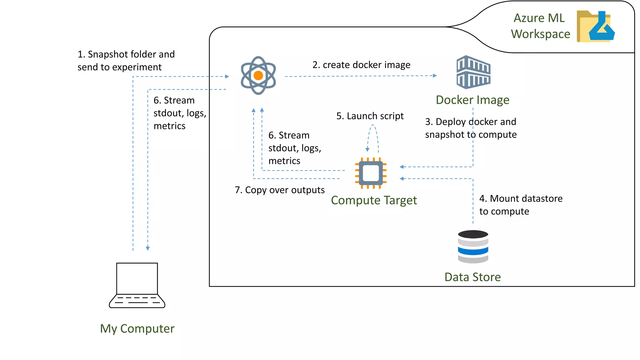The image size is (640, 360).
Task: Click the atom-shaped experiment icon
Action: (258, 75)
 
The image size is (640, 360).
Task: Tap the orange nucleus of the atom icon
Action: (258, 76)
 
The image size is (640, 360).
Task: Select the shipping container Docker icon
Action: (473, 72)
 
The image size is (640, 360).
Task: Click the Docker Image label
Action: (472, 100)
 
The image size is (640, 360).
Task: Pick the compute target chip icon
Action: (371, 173)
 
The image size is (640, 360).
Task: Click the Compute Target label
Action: (374, 200)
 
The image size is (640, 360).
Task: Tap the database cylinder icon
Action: (473, 247)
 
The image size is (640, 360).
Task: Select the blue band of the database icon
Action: (473, 251)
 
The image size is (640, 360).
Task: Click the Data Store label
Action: (472, 277)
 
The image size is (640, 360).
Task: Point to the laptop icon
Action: (137, 285)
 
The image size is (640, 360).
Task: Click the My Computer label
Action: (137, 329)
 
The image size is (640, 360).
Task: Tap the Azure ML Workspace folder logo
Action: (595, 27)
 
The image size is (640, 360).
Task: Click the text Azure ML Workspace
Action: (540, 26)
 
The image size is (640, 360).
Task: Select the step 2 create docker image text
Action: (361, 65)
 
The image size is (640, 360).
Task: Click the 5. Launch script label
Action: (370, 116)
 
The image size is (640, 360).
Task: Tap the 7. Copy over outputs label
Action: (280, 190)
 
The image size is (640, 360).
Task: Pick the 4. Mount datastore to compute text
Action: (521, 205)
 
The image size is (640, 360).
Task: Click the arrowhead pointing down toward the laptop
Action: (148, 248)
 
